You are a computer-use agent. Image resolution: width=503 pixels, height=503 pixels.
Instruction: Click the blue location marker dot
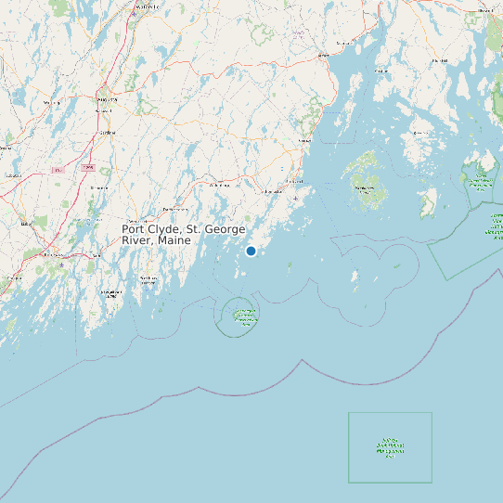pyautogui.click(x=251, y=251)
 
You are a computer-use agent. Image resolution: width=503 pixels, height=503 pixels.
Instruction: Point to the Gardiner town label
pyautogui.click(x=108, y=133)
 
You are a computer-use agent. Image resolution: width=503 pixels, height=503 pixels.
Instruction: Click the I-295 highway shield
pyautogui.click(x=88, y=167)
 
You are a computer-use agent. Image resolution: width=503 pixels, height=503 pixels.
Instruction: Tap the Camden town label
pyautogui.click(x=303, y=140)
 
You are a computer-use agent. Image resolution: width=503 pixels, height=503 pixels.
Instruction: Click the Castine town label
pyautogui.click(x=381, y=71)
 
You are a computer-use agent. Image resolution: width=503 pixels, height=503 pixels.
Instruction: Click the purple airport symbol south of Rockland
pyautogui.click(x=295, y=198)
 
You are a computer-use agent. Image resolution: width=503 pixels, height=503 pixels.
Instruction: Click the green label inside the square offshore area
pyautogui.click(x=390, y=448)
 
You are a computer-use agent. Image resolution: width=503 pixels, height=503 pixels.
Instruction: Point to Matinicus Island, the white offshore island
pyautogui.click(x=355, y=277)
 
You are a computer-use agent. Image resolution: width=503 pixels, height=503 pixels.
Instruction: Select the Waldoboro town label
pyautogui.click(x=219, y=186)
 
